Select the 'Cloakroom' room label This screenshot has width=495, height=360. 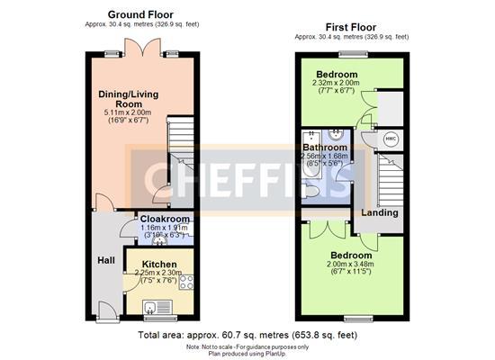(x=165, y=219)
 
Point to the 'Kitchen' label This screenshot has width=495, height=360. (x=158, y=263)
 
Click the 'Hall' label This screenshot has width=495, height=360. (x=106, y=260)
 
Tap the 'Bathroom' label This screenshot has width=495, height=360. (x=325, y=147)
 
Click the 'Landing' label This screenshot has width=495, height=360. (x=381, y=213)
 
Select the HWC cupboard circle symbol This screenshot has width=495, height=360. (x=391, y=139)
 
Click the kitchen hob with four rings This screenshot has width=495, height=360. (x=187, y=283)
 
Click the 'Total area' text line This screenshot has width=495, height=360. (x=247, y=335)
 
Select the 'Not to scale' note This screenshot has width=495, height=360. (x=247, y=346)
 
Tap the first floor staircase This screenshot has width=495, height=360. (x=389, y=180)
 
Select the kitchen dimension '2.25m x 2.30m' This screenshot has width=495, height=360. (x=158, y=273)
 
